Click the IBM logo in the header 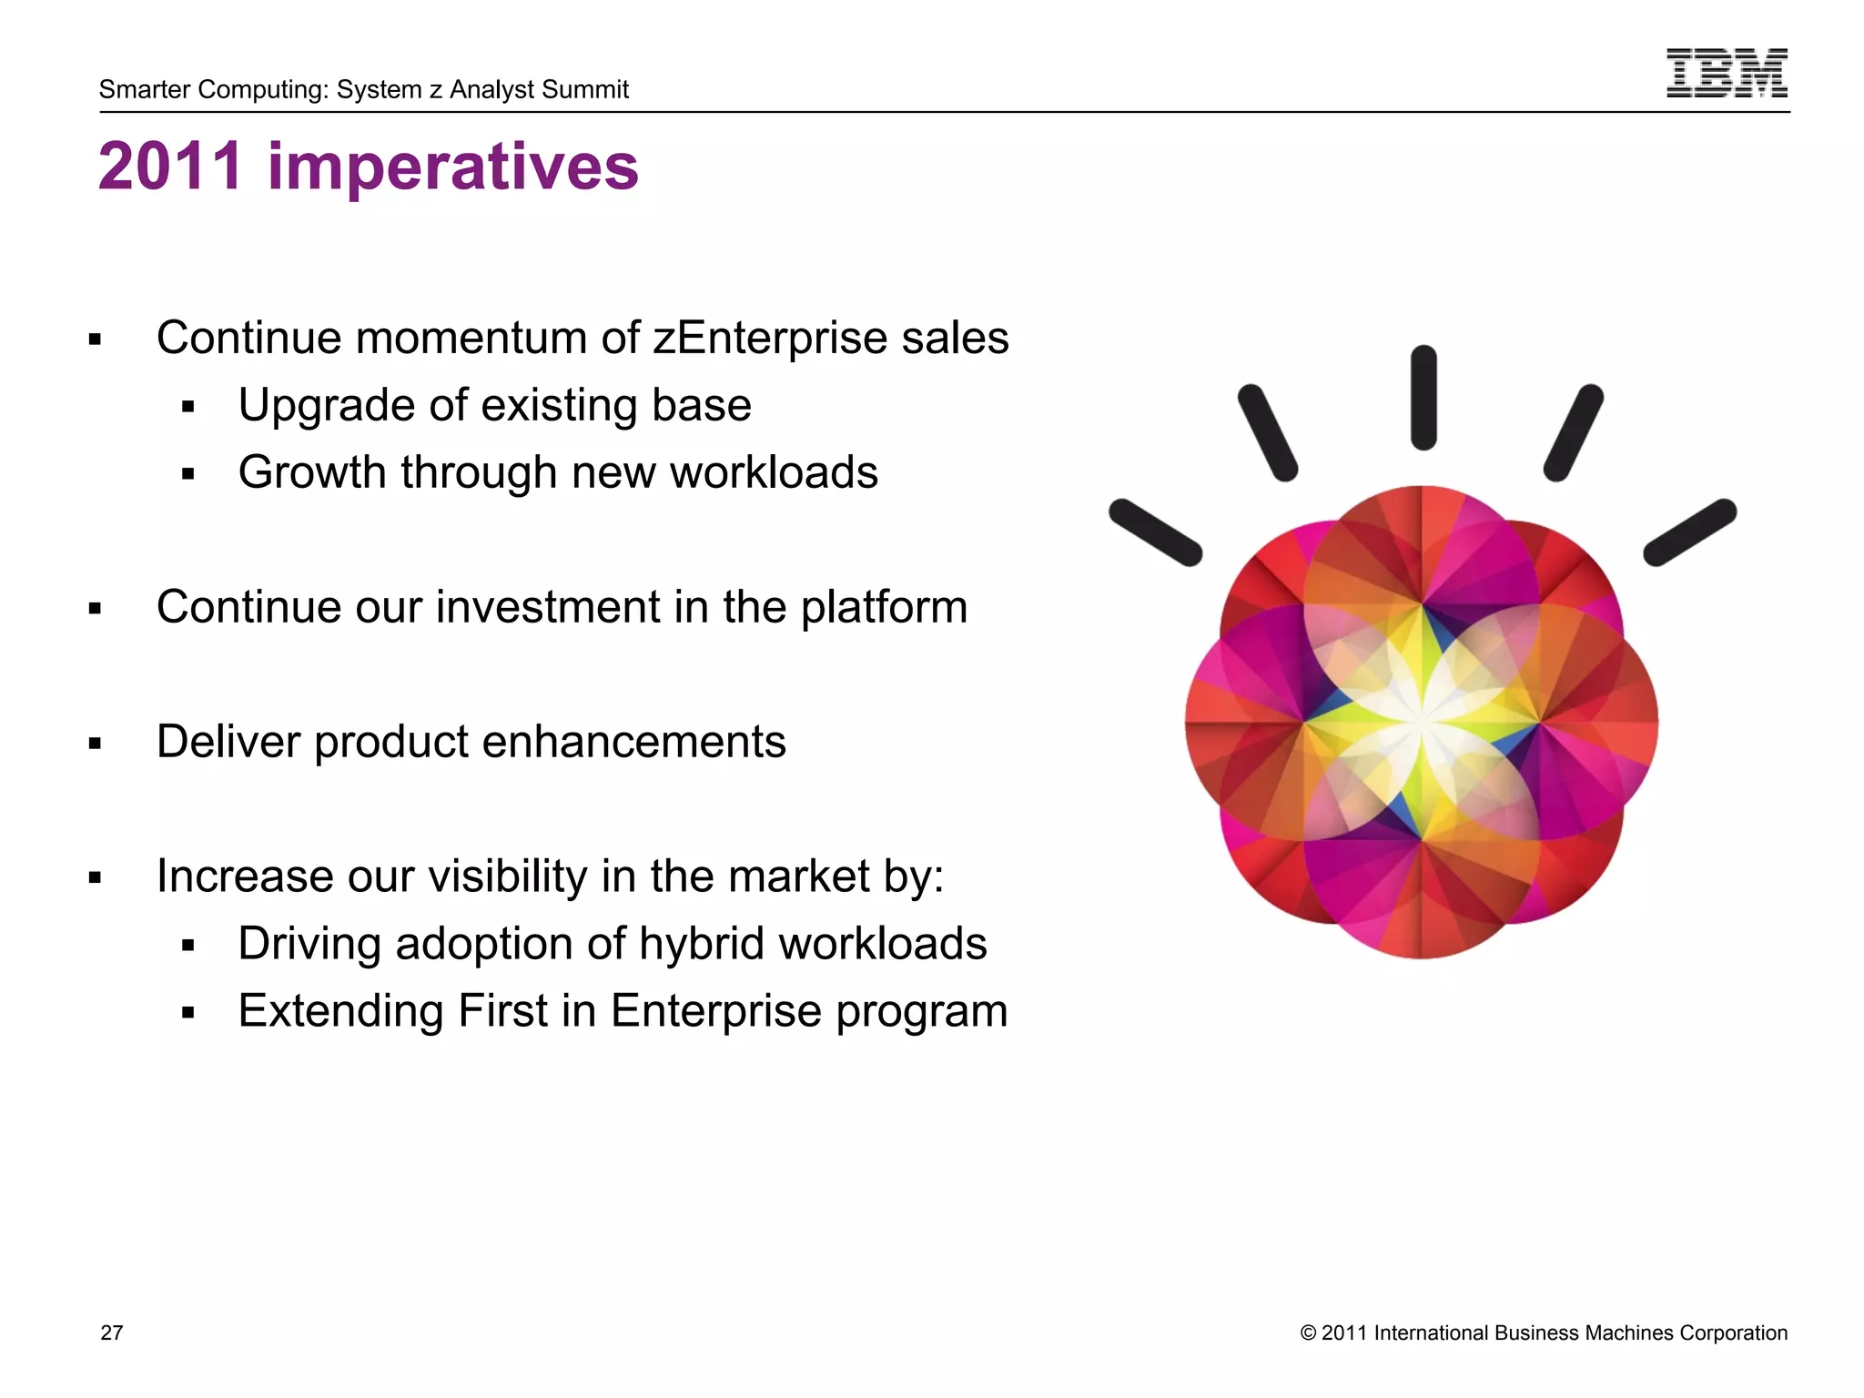pyautogui.click(x=1726, y=73)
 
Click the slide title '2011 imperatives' pyautogui.click(x=369, y=167)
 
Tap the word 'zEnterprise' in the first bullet pyautogui.click(x=770, y=339)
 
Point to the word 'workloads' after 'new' pyautogui.click(x=774, y=472)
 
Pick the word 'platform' pyautogui.click(x=884, y=608)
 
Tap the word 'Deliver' pyautogui.click(x=228, y=741)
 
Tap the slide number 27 pyautogui.click(x=111, y=1332)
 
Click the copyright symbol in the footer pyautogui.click(x=1308, y=1333)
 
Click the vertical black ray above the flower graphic pyautogui.click(x=1423, y=398)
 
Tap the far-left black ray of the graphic pyautogui.click(x=1155, y=532)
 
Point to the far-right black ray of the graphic pyautogui.click(x=1690, y=532)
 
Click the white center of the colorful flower pyautogui.click(x=1421, y=721)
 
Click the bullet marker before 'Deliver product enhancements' pyautogui.click(x=95, y=744)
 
